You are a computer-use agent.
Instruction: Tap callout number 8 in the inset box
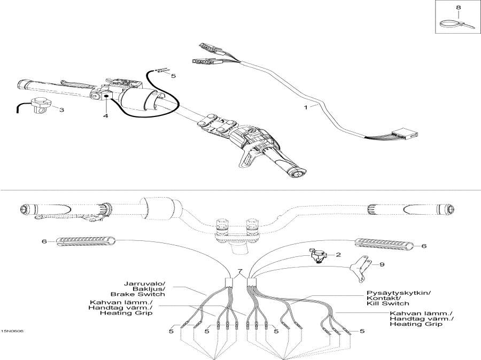tap(457, 7)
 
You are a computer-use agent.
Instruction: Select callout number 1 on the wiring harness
tap(306, 107)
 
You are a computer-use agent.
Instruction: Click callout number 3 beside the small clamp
tap(61, 110)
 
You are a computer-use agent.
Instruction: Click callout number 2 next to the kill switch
tap(338, 255)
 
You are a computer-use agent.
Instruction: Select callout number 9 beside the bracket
tap(382, 264)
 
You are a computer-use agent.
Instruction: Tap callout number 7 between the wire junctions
tap(240, 272)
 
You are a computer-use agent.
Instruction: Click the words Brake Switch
tap(138, 294)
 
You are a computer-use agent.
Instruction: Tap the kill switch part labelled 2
tap(319, 256)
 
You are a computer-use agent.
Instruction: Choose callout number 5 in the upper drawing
tap(173, 76)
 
